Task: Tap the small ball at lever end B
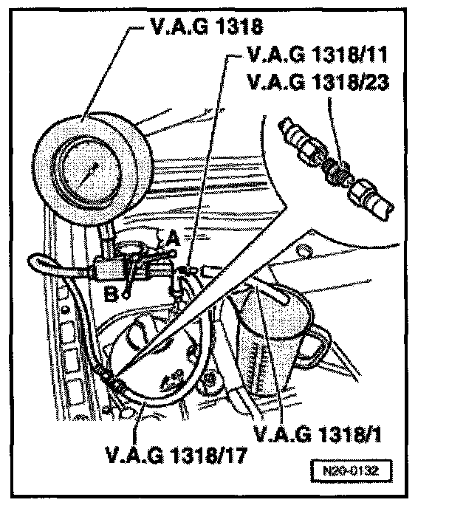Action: [126, 294]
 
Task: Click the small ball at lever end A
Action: [173, 252]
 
